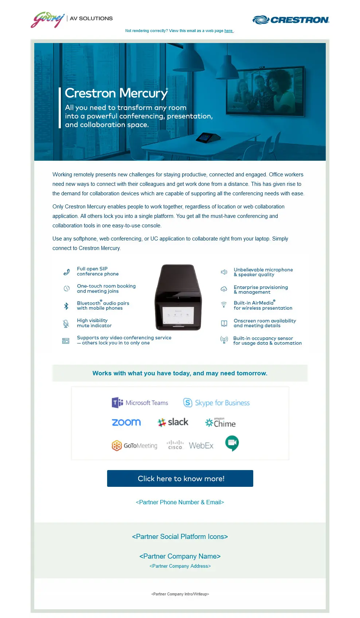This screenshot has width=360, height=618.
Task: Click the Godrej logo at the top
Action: [47, 20]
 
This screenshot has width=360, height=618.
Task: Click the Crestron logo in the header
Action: [291, 20]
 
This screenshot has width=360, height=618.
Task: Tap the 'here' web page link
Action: [228, 31]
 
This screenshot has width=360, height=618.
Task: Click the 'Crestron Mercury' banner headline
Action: [116, 93]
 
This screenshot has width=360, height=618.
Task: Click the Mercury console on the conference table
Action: [208, 138]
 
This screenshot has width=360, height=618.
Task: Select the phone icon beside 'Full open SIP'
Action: [66, 272]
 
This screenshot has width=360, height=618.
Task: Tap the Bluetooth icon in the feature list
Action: [66, 306]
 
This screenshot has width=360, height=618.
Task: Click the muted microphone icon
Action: [66, 324]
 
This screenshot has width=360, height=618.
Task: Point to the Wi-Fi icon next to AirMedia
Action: [224, 305]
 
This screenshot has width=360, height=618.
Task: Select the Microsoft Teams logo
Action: [140, 403]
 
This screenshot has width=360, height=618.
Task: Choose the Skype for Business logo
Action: [216, 403]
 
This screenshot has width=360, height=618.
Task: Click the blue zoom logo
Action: [126, 422]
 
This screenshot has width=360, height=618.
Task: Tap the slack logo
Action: [173, 422]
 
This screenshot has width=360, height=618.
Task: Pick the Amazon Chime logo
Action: [220, 423]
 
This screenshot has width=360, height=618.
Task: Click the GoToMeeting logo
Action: [134, 445]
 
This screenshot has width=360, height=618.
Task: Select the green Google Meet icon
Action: [232, 443]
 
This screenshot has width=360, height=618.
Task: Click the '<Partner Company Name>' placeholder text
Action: [180, 556]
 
